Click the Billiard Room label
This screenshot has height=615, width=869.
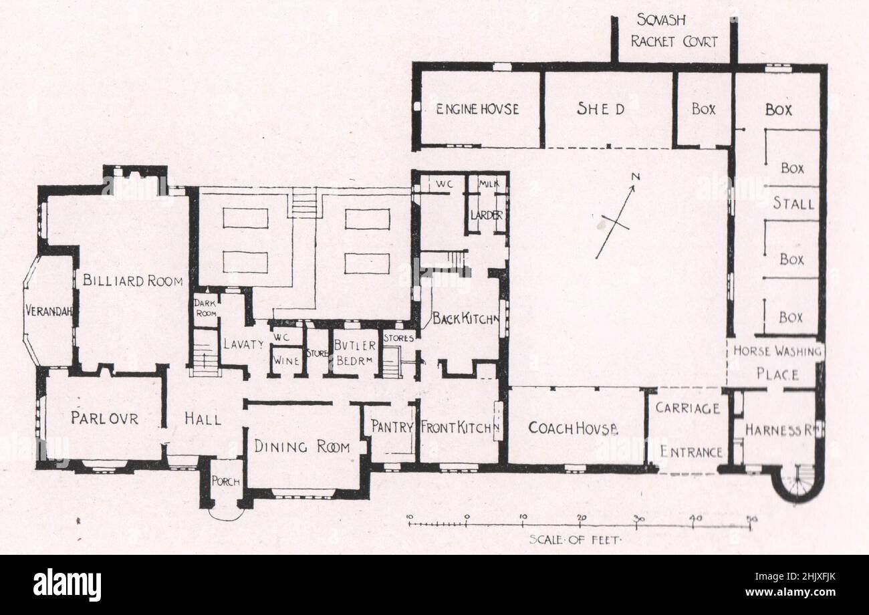(132, 281)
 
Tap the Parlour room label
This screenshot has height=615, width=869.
(105, 418)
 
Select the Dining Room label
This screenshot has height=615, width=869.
(302, 447)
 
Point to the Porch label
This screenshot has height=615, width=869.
(226, 481)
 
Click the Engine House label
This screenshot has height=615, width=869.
(477, 109)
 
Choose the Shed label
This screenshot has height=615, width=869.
(600, 109)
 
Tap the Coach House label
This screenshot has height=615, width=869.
(573, 428)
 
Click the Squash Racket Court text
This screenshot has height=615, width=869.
(674, 31)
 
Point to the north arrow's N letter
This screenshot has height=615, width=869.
(636, 177)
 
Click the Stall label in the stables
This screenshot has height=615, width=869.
(793, 203)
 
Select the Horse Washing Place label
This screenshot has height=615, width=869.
(777, 363)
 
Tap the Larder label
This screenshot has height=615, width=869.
(487, 215)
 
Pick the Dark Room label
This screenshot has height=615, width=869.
(205, 308)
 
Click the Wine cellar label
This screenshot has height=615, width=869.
(286, 361)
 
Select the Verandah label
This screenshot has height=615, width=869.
(49, 310)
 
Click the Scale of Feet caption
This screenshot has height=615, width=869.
(576, 540)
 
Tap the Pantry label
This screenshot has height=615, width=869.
(392, 426)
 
